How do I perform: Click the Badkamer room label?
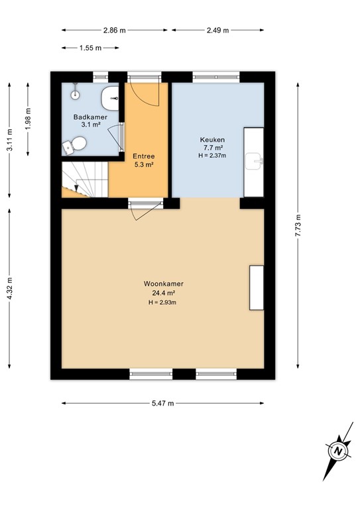(90, 117)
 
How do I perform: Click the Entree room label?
(144, 156)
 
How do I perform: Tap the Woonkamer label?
(163, 284)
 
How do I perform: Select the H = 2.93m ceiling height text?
(163, 302)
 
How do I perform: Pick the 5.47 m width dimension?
(163, 403)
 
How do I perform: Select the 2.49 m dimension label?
(217, 30)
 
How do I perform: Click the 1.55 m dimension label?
(90, 48)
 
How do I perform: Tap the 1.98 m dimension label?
(28, 119)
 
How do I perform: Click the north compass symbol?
(339, 451)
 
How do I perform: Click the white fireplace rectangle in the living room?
(256, 287)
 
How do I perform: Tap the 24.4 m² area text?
(163, 293)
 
